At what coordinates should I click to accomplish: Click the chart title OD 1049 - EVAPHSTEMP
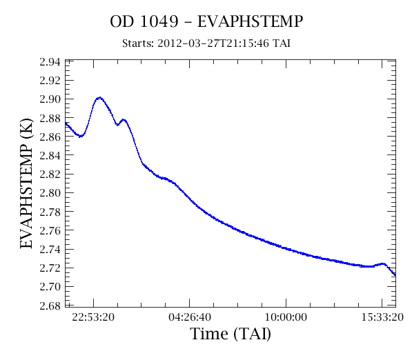click(x=206, y=21)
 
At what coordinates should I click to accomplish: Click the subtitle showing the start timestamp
click(x=206, y=43)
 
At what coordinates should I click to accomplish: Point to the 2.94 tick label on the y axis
click(x=50, y=62)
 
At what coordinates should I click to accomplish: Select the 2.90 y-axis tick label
click(x=50, y=99)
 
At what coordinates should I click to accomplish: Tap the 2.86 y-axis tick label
click(x=50, y=137)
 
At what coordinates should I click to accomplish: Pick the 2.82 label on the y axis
click(x=50, y=174)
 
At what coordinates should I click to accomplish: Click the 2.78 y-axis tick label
click(x=50, y=212)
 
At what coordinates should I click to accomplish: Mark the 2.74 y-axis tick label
click(x=50, y=249)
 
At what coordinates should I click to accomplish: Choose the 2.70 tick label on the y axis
click(x=50, y=287)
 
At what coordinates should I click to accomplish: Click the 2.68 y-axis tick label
click(x=50, y=306)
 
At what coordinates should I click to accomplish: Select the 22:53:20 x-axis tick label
click(x=93, y=317)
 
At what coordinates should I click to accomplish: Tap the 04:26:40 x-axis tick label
click(x=190, y=317)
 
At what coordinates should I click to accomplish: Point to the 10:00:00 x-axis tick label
click(x=286, y=317)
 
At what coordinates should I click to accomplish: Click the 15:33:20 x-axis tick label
click(x=382, y=317)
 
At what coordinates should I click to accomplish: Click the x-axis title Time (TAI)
click(x=230, y=334)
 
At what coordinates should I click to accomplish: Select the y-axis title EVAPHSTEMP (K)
click(x=26, y=183)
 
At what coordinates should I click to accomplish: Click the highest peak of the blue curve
click(x=99, y=98)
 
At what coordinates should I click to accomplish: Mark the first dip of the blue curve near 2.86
click(x=81, y=136)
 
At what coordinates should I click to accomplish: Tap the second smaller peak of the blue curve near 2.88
click(x=124, y=120)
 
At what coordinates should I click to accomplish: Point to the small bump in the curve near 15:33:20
click(x=382, y=263)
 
